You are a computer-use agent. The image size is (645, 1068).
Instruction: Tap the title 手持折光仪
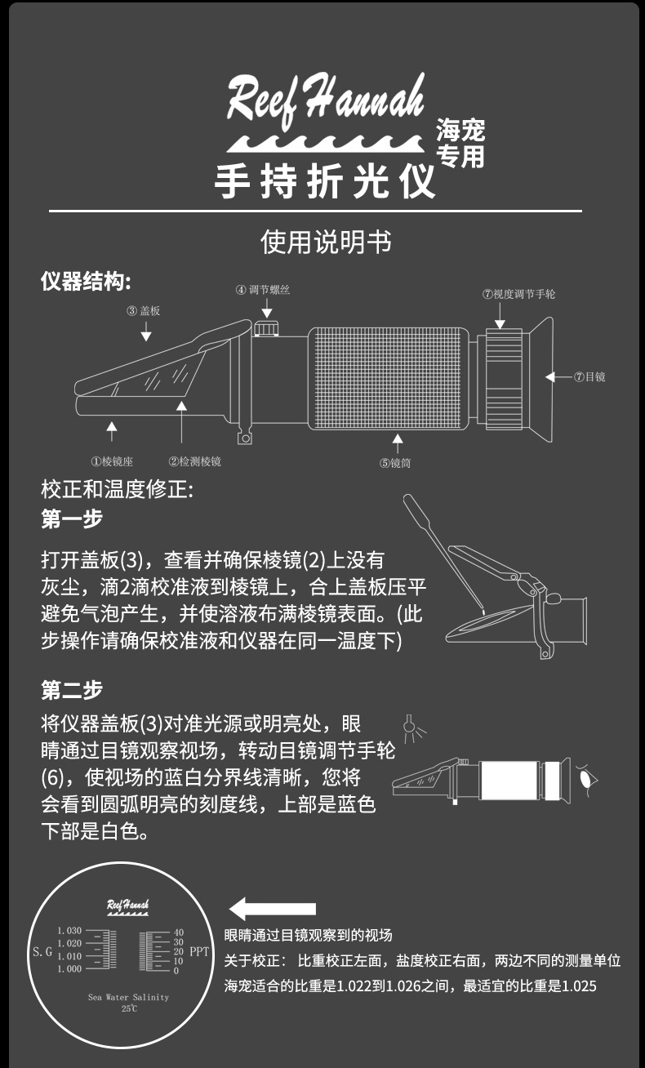pyautogui.click(x=325, y=181)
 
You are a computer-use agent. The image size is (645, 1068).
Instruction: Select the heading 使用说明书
pyautogui.click(x=325, y=243)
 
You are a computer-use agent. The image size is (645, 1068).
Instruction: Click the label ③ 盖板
pyautogui.click(x=145, y=311)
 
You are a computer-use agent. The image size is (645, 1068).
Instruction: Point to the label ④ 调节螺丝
pyautogui.click(x=263, y=290)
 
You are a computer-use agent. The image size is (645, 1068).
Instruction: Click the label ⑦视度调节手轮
pyautogui.click(x=518, y=294)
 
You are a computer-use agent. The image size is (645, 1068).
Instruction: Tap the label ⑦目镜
pyautogui.click(x=589, y=377)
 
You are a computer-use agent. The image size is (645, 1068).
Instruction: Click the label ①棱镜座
pyautogui.click(x=112, y=461)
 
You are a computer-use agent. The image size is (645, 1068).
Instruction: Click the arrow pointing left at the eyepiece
pyautogui.click(x=557, y=377)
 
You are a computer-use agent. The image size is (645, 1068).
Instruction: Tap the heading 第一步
pyautogui.click(x=72, y=519)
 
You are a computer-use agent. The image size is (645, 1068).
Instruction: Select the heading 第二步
pyautogui.click(x=72, y=690)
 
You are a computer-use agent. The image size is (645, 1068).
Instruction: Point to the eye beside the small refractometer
pyautogui.click(x=585, y=777)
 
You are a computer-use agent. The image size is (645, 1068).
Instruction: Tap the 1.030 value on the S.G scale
pyautogui.click(x=69, y=931)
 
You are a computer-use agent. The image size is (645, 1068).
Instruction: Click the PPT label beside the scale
pyautogui.click(x=199, y=951)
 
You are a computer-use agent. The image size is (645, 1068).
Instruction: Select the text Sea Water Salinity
pyautogui.click(x=129, y=998)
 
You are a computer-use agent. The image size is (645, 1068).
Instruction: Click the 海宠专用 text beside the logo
pyautogui.click(x=460, y=143)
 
